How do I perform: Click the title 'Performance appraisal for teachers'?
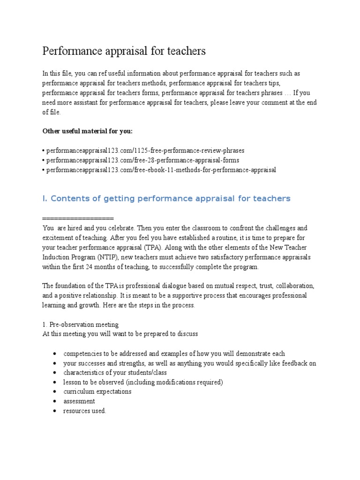click(x=124, y=51)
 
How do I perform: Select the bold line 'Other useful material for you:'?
click(x=87, y=131)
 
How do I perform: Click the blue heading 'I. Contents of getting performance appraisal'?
click(x=166, y=198)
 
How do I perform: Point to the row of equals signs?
click(x=78, y=218)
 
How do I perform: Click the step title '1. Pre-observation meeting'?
click(x=80, y=324)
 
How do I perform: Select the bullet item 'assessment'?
click(x=79, y=401)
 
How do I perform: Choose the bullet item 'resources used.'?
click(x=85, y=411)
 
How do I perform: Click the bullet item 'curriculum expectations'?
click(x=97, y=391)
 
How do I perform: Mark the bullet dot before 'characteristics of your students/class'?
click(x=55, y=373)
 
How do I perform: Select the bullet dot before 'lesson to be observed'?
click(x=55, y=382)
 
